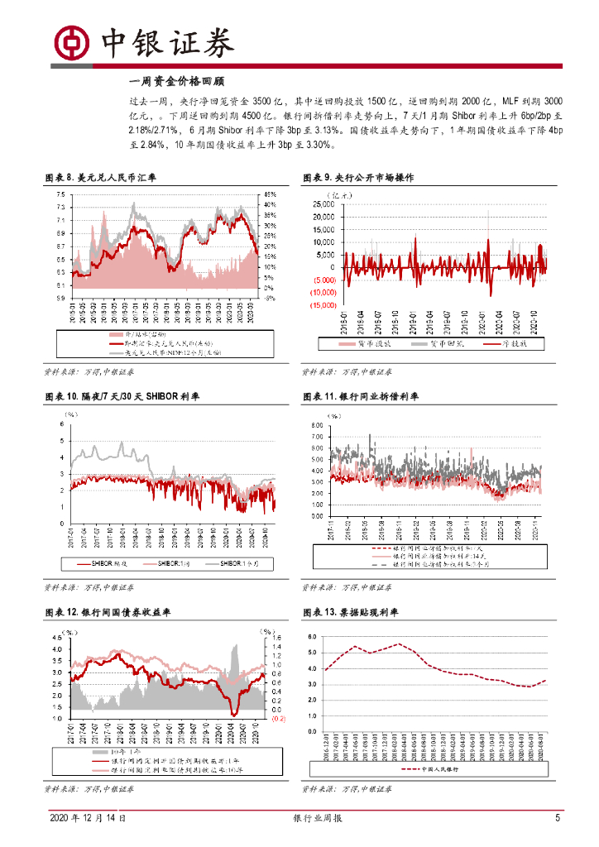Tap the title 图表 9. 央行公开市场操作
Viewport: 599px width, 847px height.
click(x=357, y=178)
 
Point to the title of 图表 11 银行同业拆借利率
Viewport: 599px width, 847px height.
click(x=357, y=397)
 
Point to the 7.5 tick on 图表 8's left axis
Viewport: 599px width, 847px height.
click(x=60, y=195)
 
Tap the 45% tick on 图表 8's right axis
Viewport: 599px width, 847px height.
click(x=270, y=195)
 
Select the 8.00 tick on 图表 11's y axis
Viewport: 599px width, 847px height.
click(x=315, y=426)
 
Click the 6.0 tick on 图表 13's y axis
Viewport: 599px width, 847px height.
click(x=313, y=637)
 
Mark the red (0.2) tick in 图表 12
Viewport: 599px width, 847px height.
click(x=278, y=720)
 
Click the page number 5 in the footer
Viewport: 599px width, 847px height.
click(x=558, y=818)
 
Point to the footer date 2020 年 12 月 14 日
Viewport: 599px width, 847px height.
click(x=88, y=818)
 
